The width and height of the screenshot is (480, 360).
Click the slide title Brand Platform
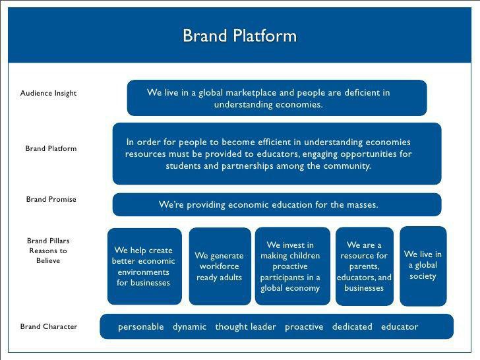[239, 35]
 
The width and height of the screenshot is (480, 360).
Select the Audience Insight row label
[48, 93]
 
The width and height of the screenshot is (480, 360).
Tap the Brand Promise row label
[51, 199]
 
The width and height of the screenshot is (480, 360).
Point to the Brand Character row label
[48, 326]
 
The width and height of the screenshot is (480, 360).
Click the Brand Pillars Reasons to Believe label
[47, 251]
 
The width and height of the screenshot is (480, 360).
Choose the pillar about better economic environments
[144, 266]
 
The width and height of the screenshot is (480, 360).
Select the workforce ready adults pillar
[220, 266]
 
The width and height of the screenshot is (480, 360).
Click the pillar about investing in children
[290, 266]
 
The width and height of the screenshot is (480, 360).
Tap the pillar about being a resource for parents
[364, 266]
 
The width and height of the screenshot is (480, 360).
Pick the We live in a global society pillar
[423, 265]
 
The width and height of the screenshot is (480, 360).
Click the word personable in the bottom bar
[140, 326]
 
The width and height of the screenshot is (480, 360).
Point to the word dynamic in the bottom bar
[189, 326]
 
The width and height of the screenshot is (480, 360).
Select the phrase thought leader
[245, 326]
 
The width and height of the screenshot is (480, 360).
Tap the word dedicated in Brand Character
[352, 326]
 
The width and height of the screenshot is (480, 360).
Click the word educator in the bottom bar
[400, 326]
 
